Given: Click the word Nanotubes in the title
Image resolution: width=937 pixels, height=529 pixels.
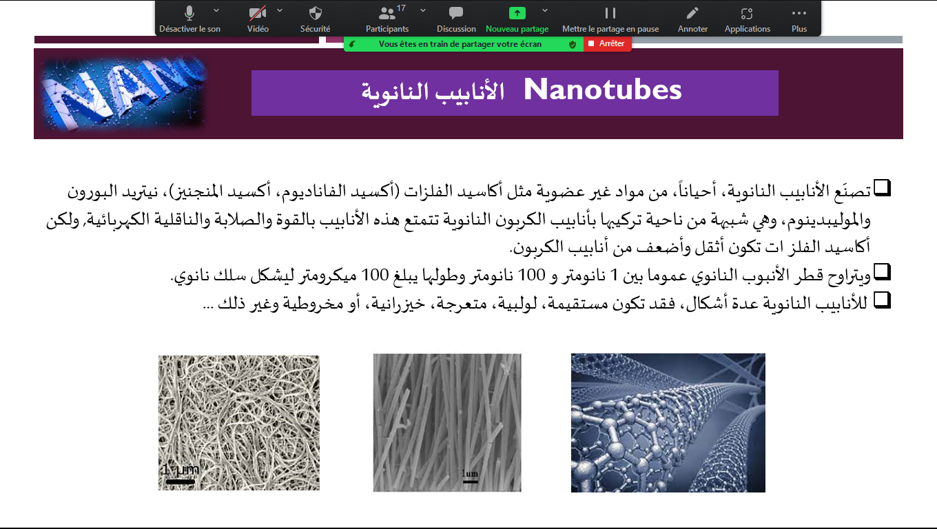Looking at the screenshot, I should point(603,90).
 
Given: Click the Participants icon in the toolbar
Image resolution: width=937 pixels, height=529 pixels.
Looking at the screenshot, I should point(387,13).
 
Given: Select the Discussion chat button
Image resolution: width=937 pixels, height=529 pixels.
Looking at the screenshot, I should point(456,13).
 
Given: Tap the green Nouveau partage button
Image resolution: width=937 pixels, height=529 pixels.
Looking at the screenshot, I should point(517,13).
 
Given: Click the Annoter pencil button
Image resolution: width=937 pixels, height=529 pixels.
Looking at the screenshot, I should point(692,13).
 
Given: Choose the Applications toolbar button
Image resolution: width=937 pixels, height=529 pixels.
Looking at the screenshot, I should point(747,13).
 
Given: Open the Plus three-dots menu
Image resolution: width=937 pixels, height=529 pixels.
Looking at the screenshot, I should point(799,13).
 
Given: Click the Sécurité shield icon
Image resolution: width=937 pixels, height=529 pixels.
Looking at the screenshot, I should point(316,13).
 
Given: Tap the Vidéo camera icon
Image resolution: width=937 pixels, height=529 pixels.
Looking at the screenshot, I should point(258,13).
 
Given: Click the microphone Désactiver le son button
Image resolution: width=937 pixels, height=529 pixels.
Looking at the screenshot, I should point(189,13).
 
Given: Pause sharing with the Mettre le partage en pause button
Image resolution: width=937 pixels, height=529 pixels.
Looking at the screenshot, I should point(610,13).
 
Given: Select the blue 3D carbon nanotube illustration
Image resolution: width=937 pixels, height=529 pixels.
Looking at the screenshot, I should point(668,422).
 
